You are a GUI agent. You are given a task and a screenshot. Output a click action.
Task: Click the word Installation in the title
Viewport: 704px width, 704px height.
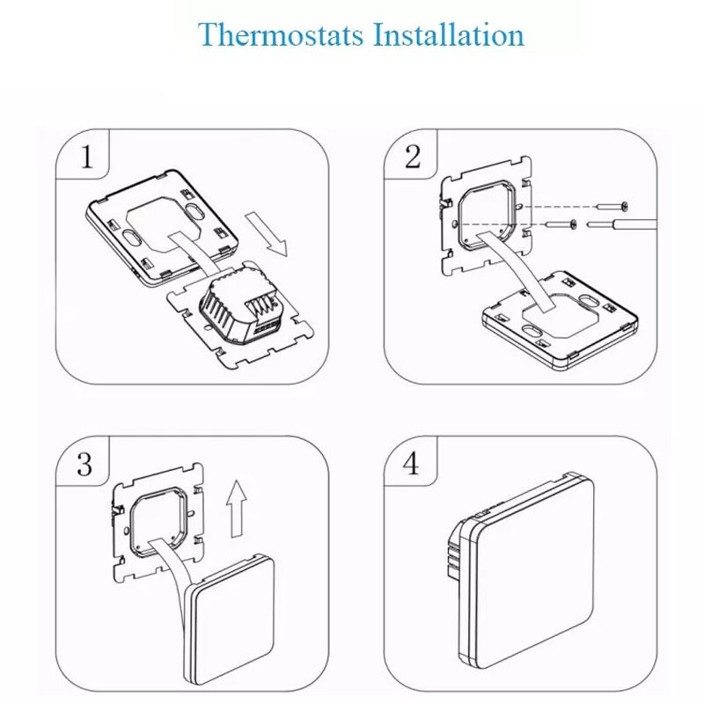click(449, 36)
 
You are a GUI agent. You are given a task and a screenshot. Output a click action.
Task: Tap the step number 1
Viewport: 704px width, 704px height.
click(85, 158)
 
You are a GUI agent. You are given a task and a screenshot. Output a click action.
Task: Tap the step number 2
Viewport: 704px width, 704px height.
click(413, 158)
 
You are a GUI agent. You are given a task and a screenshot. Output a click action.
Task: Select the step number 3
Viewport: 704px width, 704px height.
click(84, 464)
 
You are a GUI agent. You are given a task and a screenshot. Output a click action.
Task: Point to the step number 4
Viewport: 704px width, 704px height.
click(412, 464)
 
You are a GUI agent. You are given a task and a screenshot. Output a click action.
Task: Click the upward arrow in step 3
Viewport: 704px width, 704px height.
click(235, 510)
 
